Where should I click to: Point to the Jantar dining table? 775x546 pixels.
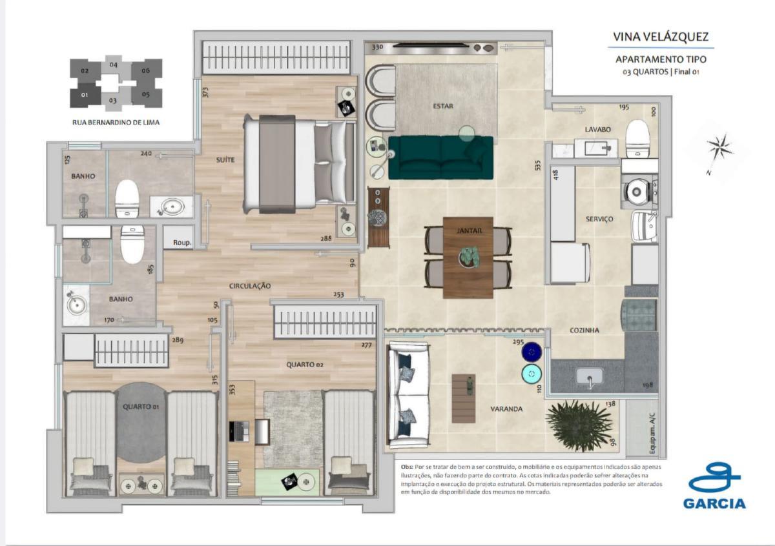[x=468, y=256]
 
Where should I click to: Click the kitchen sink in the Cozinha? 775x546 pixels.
[x=588, y=376]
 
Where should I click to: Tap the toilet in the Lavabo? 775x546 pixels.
[x=637, y=137]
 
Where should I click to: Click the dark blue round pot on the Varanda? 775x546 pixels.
[x=532, y=352]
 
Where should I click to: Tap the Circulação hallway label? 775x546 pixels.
[x=249, y=285]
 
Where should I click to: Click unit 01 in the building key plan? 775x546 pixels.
[x=85, y=95]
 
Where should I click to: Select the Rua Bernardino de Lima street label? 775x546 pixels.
[x=116, y=121]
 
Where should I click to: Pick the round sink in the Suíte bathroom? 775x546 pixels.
[x=172, y=207]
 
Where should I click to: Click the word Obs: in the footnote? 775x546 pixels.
[x=406, y=466]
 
